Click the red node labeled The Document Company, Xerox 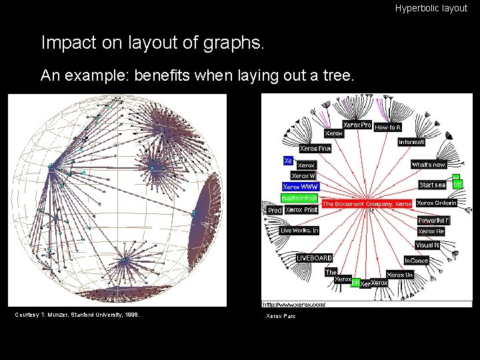(x=367, y=203)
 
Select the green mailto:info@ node (x=299, y=198)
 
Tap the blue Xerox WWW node (x=300, y=187)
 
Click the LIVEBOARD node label (x=315, y=258)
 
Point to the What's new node (x=429, y=164)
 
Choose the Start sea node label (x=432, y=185)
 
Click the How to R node (x=388, y=127)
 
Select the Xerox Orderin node (x=437, y=203)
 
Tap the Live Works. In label (x=299, y=231)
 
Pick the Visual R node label (x=427, y=245)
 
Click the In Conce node (x=416, y=261)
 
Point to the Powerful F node (x=433, y=220)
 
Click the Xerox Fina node (x=315, y=149)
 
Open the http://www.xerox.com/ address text (x=294, y=304)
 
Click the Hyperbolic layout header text (x=431, y=9)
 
